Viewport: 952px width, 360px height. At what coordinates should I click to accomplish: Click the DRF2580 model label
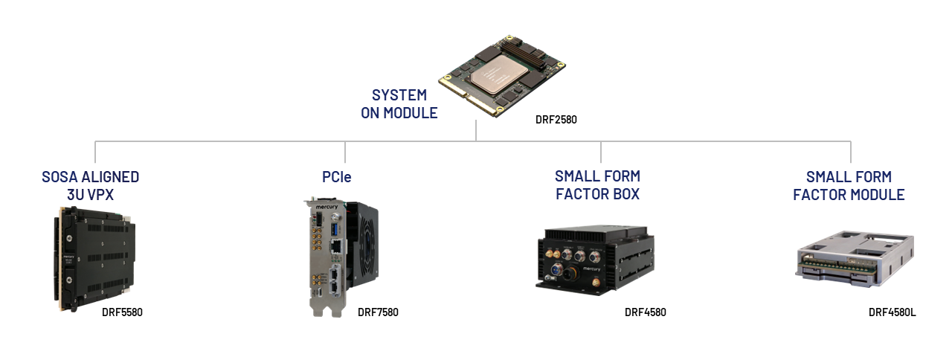pos(556,119)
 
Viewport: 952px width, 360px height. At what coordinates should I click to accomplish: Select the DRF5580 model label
pos(122,312)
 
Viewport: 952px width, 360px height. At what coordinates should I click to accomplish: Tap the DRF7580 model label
pos(378,312)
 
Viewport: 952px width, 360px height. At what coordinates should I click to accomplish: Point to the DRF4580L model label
pos(892,312)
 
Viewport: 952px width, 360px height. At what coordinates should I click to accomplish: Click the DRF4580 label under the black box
pos(645,312)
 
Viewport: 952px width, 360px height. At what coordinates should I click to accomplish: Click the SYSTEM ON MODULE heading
pos(400,104)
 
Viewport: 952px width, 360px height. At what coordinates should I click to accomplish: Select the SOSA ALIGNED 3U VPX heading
pos(90,186)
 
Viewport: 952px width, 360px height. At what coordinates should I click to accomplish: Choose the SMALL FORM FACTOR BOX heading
pos(597,186)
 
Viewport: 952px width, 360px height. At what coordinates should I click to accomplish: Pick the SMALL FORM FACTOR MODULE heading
pos(848,186)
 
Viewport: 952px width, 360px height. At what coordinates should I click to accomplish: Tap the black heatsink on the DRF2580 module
pos(516,55)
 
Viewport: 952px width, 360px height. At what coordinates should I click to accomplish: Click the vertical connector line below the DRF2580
pos(476,130)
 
